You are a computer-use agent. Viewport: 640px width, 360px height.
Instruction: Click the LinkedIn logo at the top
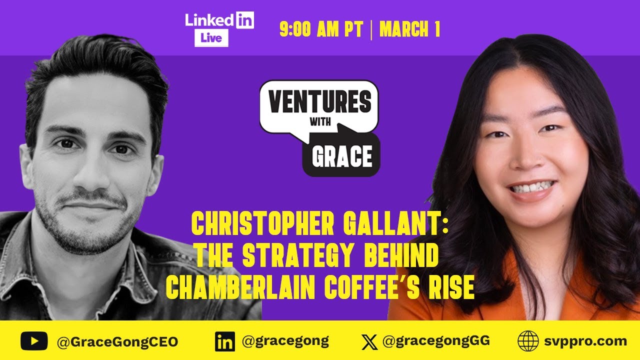click(219, 20)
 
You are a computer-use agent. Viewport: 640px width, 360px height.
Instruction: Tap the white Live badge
click(211, 38)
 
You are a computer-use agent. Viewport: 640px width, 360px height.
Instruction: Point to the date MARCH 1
click(409, 30)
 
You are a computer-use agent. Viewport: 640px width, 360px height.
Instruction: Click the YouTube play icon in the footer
click(34, 341)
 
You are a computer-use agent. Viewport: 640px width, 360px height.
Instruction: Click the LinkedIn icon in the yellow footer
click(225, 342)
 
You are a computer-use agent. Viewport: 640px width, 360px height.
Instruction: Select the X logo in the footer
click(369, 342)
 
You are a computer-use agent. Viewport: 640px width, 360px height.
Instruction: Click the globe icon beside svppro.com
click(528, 342)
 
